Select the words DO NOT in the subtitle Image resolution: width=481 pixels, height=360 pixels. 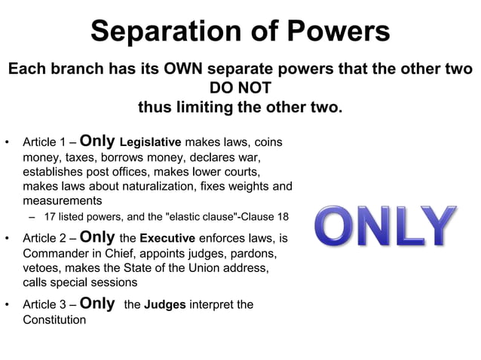click(x=240, y=89)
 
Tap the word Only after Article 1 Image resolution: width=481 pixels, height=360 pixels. click(x=97, y=141)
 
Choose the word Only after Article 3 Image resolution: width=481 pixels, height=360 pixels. click(x=97, y=304)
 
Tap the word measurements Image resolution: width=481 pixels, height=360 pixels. click(x=63, y=201)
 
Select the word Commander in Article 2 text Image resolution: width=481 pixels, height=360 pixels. click(x=57, y=254)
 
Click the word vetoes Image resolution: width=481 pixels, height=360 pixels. click(x=43, y=268)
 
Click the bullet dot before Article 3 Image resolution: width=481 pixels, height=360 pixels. click(x=7, y=306)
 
